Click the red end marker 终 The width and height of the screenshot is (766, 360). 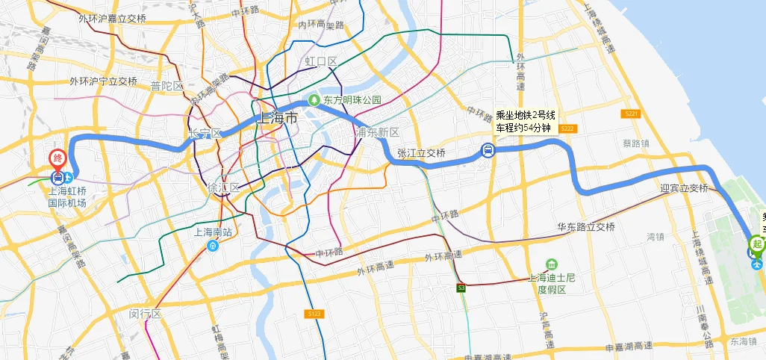point(58,159)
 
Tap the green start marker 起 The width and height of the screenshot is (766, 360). point(757,244)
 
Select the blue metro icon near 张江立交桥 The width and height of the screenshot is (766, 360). point(487,152)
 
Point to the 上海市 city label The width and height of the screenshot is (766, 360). point(276,118)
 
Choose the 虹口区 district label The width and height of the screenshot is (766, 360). point(321,60)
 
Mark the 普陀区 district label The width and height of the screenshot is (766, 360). point(166,86)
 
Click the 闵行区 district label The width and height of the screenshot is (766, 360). point(145,314)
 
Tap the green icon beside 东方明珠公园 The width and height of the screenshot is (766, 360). point(315,99)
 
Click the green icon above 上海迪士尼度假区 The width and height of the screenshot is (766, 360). point(551,265)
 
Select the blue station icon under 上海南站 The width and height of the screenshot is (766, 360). point(213,245)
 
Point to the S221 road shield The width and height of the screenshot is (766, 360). point(631,114)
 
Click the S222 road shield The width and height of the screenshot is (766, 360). point(567,128)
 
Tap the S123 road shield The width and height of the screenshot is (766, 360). point(314,314)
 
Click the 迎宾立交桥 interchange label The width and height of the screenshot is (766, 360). point(684,188)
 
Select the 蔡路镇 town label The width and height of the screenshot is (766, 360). point(635,143)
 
